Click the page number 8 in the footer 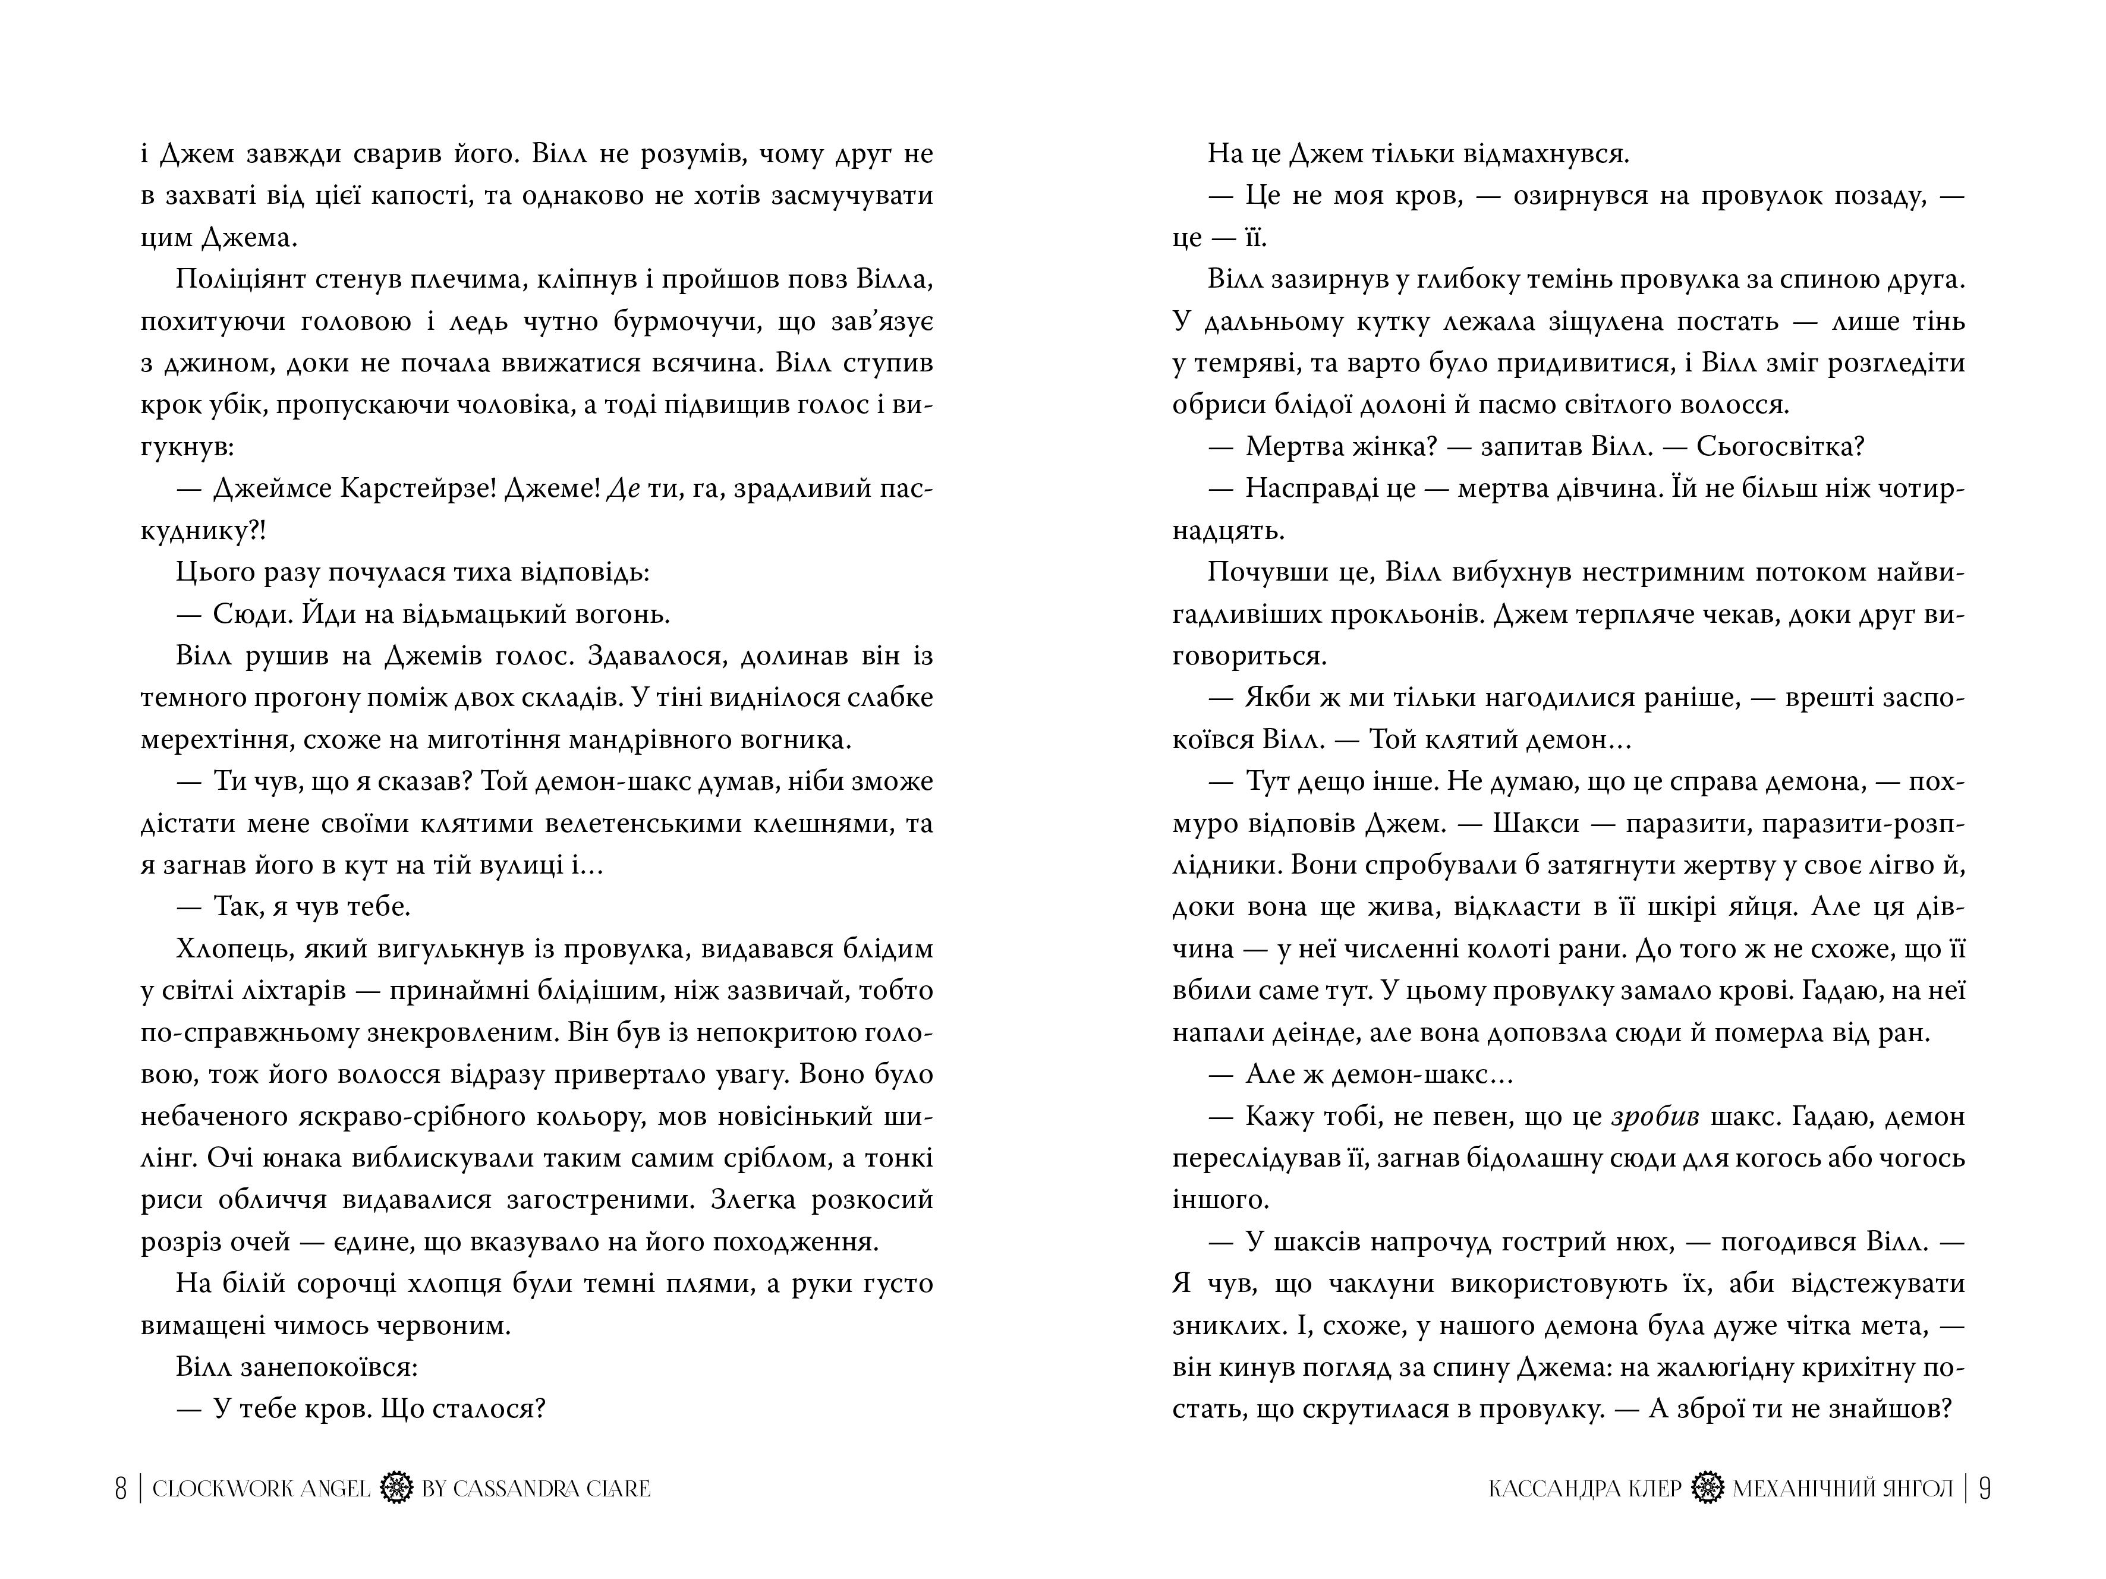121,1489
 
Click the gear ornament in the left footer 395,1489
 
